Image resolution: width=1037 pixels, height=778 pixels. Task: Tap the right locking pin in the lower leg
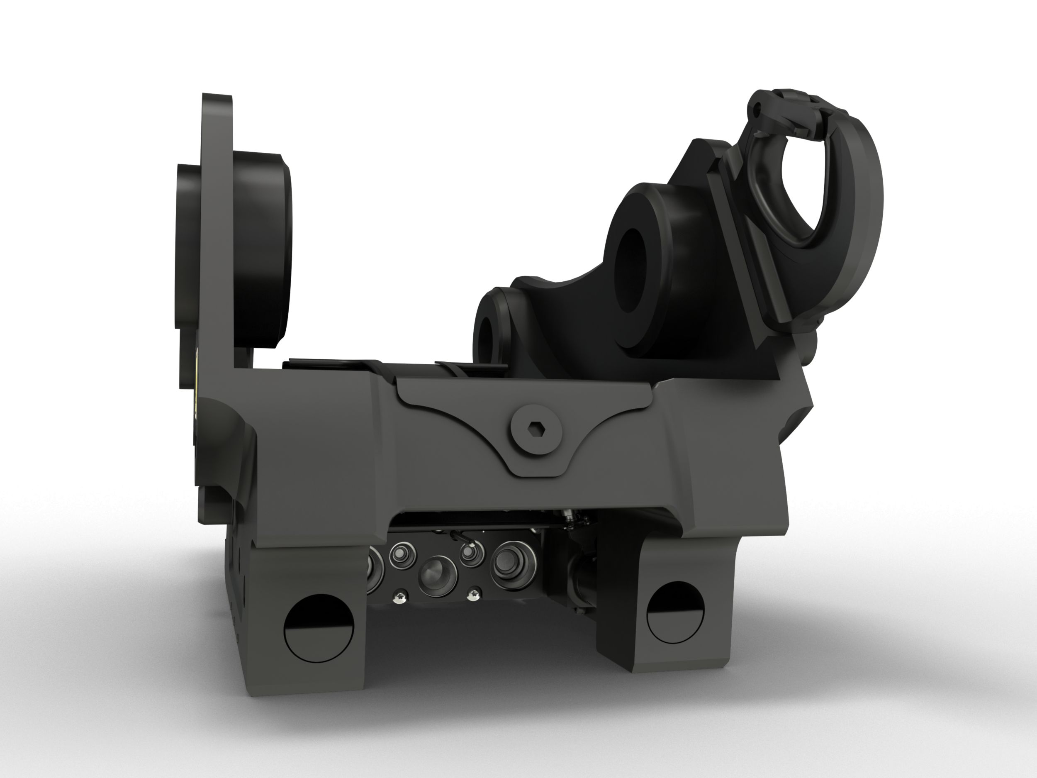(674, 612)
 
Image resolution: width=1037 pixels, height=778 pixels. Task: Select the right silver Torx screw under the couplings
(475, 595)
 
